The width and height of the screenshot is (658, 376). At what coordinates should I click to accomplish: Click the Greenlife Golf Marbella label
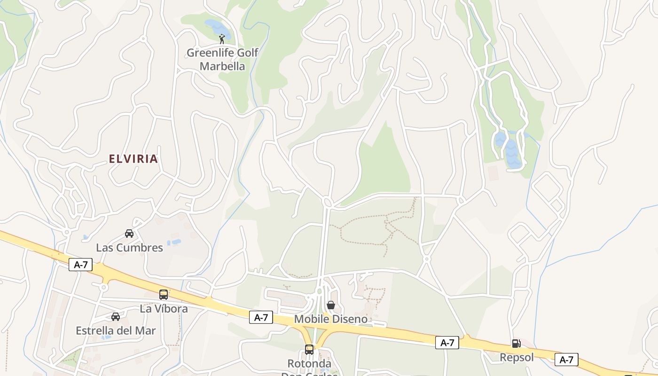click(222, 59)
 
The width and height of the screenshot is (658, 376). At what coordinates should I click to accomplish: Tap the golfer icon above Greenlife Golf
click(222, 39)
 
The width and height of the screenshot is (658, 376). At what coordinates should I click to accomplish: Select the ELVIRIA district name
click(133, 159)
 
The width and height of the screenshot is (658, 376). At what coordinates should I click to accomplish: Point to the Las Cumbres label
click(129, 248)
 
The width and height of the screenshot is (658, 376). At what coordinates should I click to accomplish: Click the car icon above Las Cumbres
click(129, 233)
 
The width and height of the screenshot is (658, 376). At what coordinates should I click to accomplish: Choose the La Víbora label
click(164, 309)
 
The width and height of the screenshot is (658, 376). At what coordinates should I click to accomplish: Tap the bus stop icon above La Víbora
click(164, 295)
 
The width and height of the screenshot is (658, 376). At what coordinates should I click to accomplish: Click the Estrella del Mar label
click(116, 330)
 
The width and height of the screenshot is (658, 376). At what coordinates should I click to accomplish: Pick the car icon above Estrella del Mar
click(116, 317)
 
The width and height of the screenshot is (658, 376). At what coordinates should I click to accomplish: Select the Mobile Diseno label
click(331, 319)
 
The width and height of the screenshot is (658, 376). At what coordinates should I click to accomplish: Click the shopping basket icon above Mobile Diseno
click(331, 305)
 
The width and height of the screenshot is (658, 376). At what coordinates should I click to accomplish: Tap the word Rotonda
click(309, 364)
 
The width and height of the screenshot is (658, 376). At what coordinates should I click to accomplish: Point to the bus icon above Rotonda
click(309, 350)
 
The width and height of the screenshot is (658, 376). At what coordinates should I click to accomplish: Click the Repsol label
click(517, 358)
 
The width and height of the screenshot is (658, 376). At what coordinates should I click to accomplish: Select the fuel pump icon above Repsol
click(516, 344)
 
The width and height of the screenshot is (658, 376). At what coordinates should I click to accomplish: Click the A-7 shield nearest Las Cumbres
click(81, 265)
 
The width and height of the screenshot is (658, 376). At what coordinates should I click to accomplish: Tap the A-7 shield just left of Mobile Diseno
click(261, 318)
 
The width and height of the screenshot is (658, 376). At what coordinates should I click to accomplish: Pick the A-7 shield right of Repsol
click(566, 360)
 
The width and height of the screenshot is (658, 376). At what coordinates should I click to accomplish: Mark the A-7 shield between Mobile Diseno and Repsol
click(447, 343)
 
